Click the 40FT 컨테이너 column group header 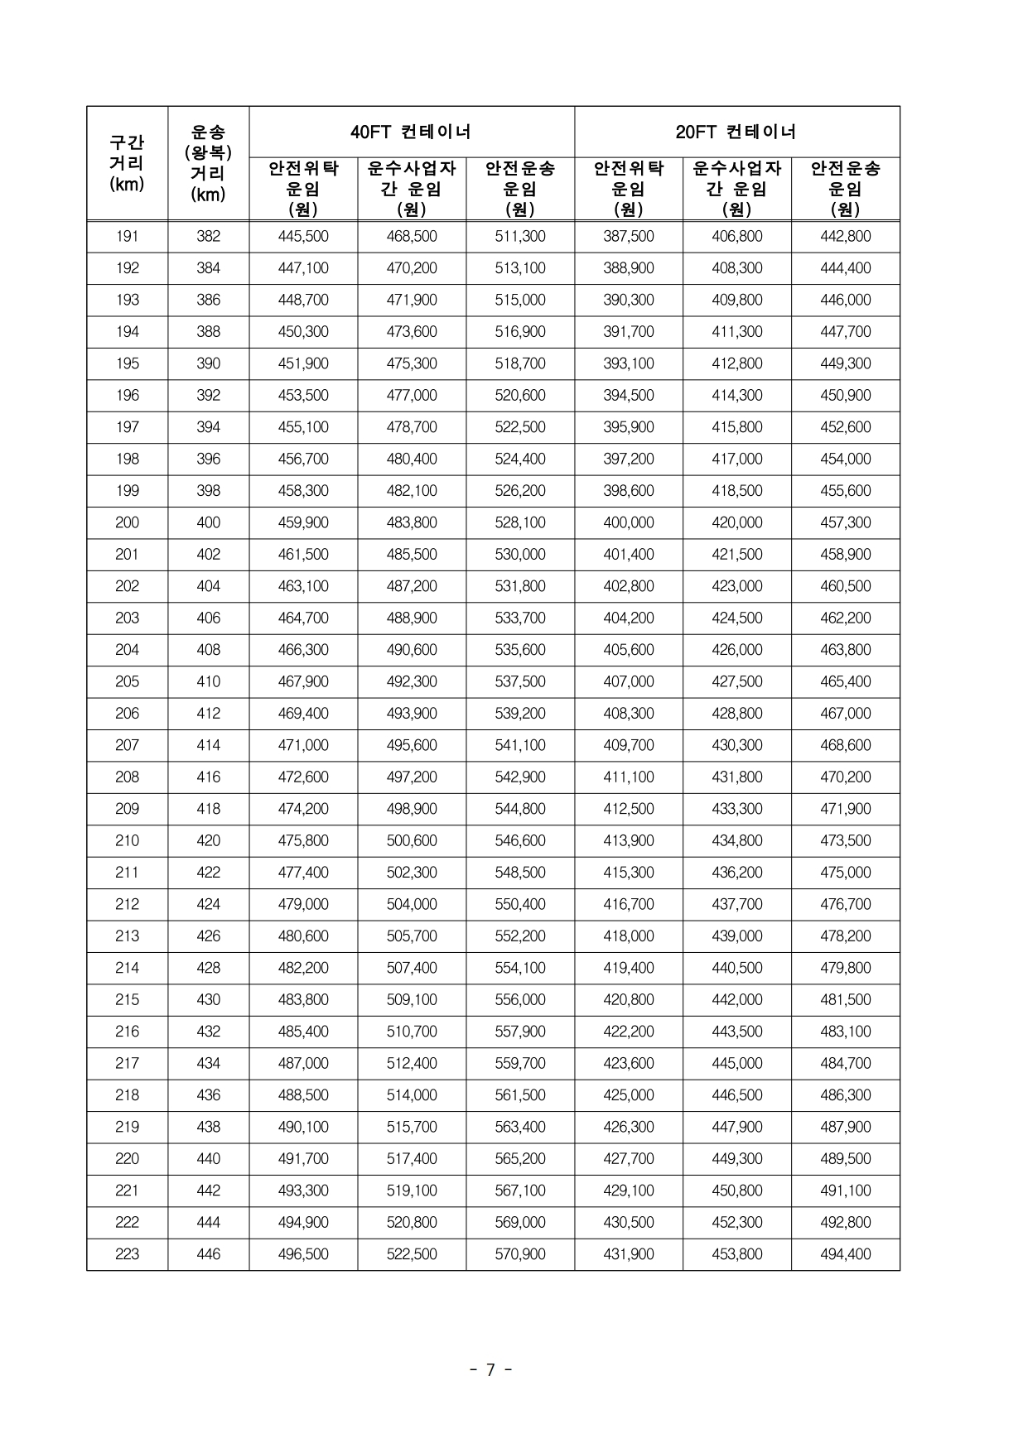coord(411,132)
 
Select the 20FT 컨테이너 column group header coord(736,132)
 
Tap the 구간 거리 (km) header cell coord(127,163)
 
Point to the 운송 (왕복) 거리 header coord(208,163)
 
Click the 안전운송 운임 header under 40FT coord(519,189)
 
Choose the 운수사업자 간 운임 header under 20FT coord(736,189)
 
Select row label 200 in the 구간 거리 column coord(127,522)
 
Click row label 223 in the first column coord(127,1254)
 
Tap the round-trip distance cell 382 coord(208,237)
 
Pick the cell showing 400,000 coord(628,522)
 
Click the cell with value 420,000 coord(736,522)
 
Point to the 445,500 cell coord(303,237)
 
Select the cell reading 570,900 coord(519,1254)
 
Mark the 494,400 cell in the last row coord(845,1254)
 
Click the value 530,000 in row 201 coord(519,555)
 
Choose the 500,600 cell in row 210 coord(412,840)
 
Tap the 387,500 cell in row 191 coord(628,237)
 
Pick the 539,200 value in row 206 coord(519,714)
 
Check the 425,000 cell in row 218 coord(628,1095)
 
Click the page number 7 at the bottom coord(490,1370)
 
